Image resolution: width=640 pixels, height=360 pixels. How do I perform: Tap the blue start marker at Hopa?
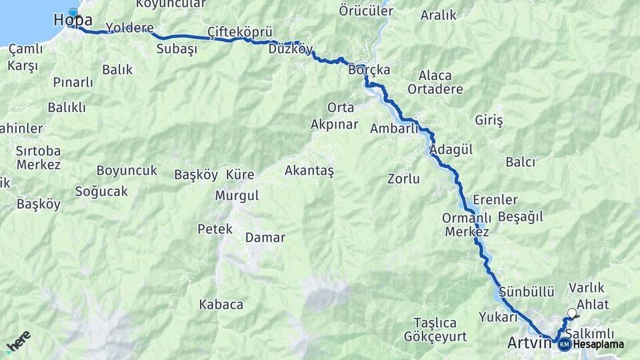[x=73, y=13]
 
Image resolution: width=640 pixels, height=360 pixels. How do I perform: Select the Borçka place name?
[x=369, y=69]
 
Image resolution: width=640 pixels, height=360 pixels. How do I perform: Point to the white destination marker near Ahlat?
[x=571, y=312]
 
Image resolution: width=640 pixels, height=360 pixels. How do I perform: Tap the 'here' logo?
[x=18, y=341]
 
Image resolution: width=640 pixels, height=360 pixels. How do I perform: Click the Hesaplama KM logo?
[x=565, y=344]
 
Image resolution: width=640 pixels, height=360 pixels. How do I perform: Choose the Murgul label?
[x=237, y=195]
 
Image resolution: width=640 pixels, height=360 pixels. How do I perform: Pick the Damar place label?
[x=265, y=237]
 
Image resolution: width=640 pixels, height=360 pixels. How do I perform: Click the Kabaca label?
[x=221, y=305]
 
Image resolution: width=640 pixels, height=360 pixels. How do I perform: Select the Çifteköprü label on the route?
[x=240, y=32]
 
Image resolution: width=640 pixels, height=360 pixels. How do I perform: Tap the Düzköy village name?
[x=291, y=49]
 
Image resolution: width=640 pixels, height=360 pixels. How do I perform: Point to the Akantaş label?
[x=309, y=171]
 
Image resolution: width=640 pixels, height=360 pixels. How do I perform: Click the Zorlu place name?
[x=403, y=178]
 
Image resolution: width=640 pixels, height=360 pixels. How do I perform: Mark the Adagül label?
[x=451, y=150]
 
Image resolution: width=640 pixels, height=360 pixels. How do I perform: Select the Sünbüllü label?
[x=527, y=291]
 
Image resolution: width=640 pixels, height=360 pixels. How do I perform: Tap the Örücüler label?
[x=366, y=11]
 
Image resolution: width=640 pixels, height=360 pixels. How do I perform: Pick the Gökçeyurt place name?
[x=435, y=337]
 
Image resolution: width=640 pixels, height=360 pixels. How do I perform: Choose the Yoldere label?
[x=129, y=28]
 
